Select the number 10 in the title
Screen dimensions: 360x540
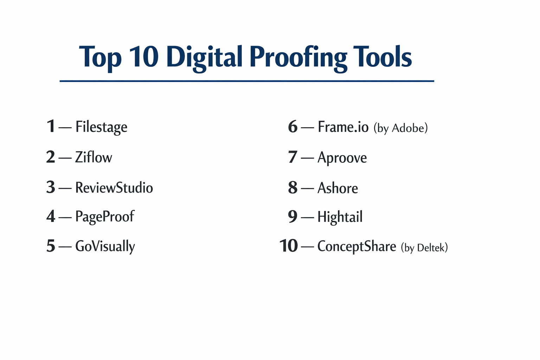tap(144, 57)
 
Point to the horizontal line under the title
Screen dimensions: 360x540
tap(247, 81)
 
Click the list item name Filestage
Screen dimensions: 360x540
tap(101, 127)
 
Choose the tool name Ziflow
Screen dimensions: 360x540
tap(94, 157)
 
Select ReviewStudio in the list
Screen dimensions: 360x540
tap(114, 187)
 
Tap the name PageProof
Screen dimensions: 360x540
tap(104, 217)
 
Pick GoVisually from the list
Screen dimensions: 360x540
tap(105, 246)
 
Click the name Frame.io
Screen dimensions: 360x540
tap(343, 127)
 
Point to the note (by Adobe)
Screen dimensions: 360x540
tap(400, 128)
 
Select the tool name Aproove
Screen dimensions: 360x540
tap(342, 157)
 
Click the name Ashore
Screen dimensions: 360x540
tap(337, 188)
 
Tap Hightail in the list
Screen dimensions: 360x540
tap(340, 217)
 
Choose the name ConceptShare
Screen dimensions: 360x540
tap(356, 246)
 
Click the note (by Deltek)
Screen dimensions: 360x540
tap(424, 247)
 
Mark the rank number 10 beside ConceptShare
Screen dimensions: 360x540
tap(288, 246)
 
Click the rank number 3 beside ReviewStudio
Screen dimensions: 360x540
tap(51, 187)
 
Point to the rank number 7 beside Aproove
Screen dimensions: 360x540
tap(292, 157)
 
